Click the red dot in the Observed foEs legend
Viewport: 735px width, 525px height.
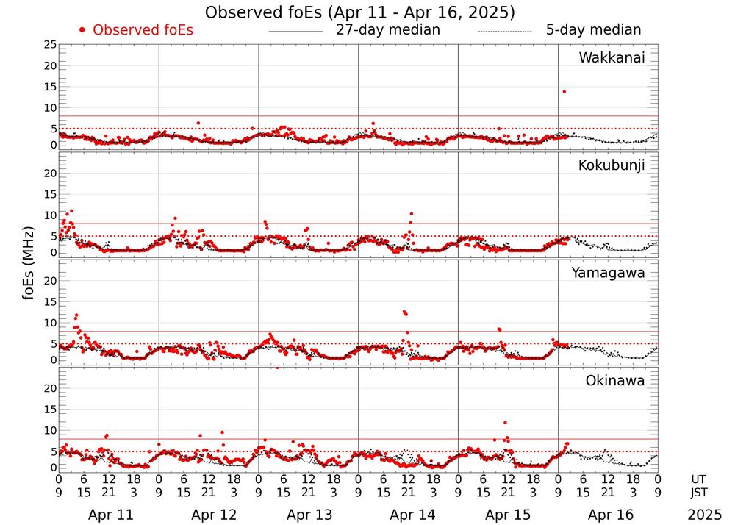pos(82,30)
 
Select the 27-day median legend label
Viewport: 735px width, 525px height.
pos(388,30)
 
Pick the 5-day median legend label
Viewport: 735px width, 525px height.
pos(593,30)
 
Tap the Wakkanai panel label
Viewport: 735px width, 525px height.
pos(612,58)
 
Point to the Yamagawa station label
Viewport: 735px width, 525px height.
pos(609,273)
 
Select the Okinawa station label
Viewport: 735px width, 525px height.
pos(615,380)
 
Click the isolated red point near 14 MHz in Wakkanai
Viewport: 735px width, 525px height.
pos(564,91)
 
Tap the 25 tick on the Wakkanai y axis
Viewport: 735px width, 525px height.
pos(50,45)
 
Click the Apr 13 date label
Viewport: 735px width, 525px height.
pos(309,515)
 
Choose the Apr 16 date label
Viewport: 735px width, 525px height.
pos(609,515)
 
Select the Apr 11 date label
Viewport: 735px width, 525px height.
pos(110,515)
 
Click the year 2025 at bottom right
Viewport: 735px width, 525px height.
pos(705,515)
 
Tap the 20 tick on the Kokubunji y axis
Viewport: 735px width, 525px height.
pos(50,174)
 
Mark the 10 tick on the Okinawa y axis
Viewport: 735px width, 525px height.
pos(50,430)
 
